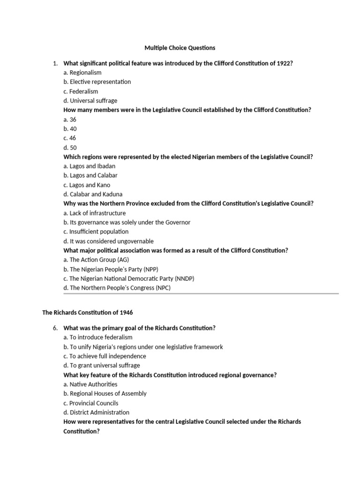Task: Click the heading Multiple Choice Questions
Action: [x=180, y=48]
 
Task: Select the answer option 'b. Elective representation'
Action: [x=97, y=82]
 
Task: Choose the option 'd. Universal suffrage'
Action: [x=90, y=101]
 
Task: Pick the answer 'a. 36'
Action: [x=70, y=120]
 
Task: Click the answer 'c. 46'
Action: [x=70, y=138]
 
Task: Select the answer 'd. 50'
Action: [x=70, y=148]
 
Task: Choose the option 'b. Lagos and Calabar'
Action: [x=90, y=175]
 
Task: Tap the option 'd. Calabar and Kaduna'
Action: [x=93, y=194]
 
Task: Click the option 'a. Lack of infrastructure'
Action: [x=95, y=213]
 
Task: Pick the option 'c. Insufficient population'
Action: [x=96, y=232]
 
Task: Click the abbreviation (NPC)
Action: [x=162, y=288]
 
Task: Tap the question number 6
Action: [x=55, y=328]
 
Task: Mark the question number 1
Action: [x=55, y=63]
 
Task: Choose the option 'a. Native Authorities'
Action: [x=90, y=384]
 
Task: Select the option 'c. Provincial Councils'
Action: [x=91, y=403]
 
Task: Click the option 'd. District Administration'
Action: [x=96, y=412]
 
